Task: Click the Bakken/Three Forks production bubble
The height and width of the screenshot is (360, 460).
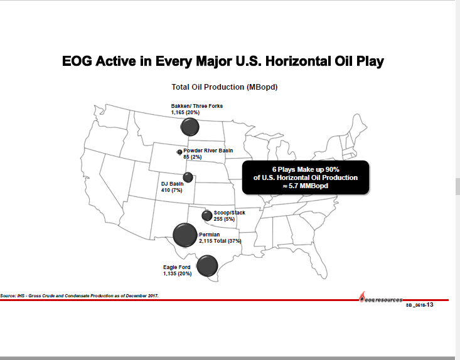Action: tap(190, 127)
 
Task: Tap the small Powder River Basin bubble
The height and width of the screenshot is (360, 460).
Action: tap(179, 152)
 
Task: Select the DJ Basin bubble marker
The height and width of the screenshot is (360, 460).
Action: tap(188, 177)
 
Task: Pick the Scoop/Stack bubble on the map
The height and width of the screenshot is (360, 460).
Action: tap(207, 216)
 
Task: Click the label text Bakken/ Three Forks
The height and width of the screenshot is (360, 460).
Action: tap(196, 106)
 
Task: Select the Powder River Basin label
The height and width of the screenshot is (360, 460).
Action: tap(208, 151)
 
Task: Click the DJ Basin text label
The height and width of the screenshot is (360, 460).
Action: tap(172, 184)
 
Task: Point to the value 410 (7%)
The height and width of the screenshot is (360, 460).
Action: tap(171, 190)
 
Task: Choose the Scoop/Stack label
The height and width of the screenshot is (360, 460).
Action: tap(230, 213)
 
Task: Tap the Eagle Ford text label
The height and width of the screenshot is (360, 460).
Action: tap(177, 267)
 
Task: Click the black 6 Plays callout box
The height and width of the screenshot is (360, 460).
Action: tap(306, 177)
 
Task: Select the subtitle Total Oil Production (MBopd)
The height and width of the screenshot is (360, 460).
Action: tap(224, 87)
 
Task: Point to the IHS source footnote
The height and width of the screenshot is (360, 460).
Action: tap(79, 295)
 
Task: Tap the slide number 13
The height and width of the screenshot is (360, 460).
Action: tap(431, 305)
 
